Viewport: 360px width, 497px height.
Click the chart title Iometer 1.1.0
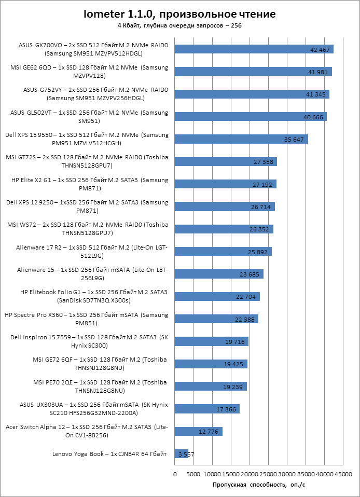(x=181, y=14)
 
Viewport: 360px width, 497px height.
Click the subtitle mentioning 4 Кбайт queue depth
(x=180, y=25)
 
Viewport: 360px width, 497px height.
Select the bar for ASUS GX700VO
(x=254, y=49)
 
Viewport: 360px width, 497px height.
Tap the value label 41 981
(x=318, y=72)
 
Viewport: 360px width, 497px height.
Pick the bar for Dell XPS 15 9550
(x=241, y=139)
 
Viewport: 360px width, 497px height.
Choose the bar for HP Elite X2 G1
(x=225, y=184)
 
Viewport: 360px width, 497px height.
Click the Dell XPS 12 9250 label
(x=87, y=206)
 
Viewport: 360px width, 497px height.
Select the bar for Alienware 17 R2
(x=223, y=252)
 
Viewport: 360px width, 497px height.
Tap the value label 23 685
(x=250, y=274)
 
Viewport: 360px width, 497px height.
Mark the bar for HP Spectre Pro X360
(x=216, y=319)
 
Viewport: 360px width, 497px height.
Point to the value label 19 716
(x=235, y=342)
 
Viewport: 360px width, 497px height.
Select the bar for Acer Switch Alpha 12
(x=199, y=431)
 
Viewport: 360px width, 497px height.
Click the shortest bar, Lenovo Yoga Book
(x=182, y=454)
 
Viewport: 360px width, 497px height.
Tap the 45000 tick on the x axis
(x=343, y=474)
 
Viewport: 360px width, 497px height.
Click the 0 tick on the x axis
(x=175, y=474)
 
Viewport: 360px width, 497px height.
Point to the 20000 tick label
(x=250, y=474)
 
